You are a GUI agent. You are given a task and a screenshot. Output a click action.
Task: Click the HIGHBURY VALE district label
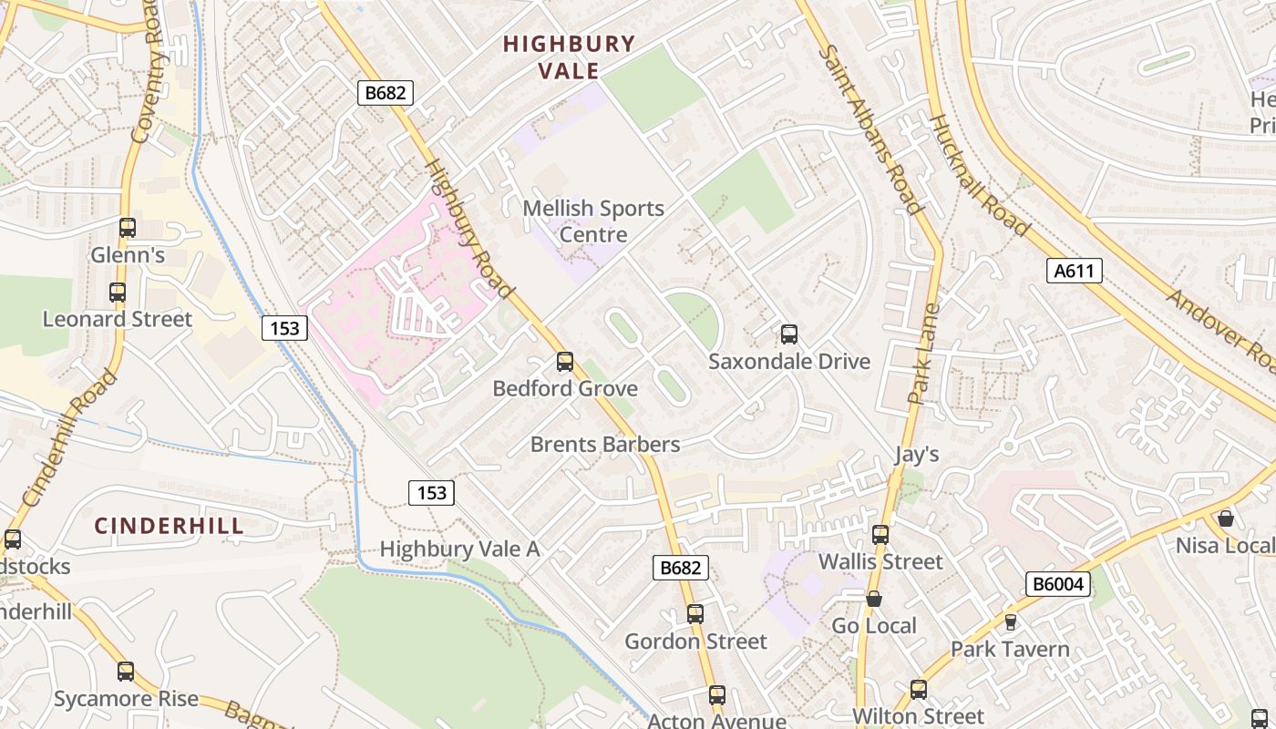[x=569, y=56]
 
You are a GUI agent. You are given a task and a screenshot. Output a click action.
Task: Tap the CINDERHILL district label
[x=170, y=526]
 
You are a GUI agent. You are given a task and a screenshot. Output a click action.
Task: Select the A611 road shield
[x=1075, y=270]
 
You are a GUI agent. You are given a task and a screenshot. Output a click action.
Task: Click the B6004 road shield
[x=1057, y=584]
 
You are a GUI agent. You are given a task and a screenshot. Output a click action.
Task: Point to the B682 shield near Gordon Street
[x=681, y=568]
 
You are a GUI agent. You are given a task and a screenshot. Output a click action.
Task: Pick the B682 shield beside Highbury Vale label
[x=386, y=92]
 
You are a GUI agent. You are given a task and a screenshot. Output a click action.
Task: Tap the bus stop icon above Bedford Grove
[x=565, y=362]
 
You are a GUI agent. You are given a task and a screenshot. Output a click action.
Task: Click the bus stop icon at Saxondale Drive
[x=789, y=334]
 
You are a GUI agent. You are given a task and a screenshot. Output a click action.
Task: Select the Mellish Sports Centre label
[x=593, y=221]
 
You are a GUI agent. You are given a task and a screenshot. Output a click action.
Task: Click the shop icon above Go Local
[x=874, y=599]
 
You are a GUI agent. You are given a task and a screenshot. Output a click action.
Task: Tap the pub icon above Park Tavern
[x=1010, y=622]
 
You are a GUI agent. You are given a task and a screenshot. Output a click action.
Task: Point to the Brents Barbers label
[x=605, y=445]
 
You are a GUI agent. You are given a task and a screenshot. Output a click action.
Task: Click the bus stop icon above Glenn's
[x=128, y=228]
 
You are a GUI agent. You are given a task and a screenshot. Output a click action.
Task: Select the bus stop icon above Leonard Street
[x=118, y=293]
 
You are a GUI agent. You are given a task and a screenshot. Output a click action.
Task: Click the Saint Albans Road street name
[x=870, y=129]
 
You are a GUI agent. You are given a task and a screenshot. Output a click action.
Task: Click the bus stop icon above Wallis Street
[x=880, y=535]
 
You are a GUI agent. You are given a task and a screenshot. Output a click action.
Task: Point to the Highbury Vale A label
[x=459, y=549]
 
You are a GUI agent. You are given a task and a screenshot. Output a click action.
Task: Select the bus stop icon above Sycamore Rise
[x=126, y=672]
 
